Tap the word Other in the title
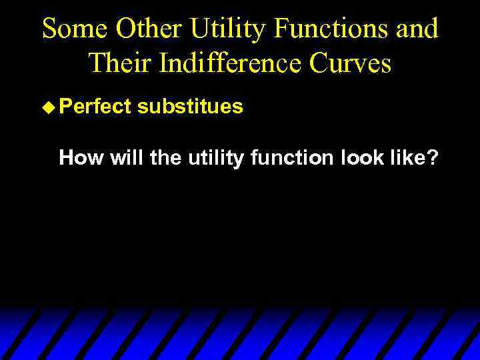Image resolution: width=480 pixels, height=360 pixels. click(147, 29)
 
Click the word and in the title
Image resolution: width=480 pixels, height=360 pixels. click(417, 29)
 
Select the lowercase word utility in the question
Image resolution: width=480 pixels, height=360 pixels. click(214, 158)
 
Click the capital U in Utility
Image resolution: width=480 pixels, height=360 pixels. click(198, 29)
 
